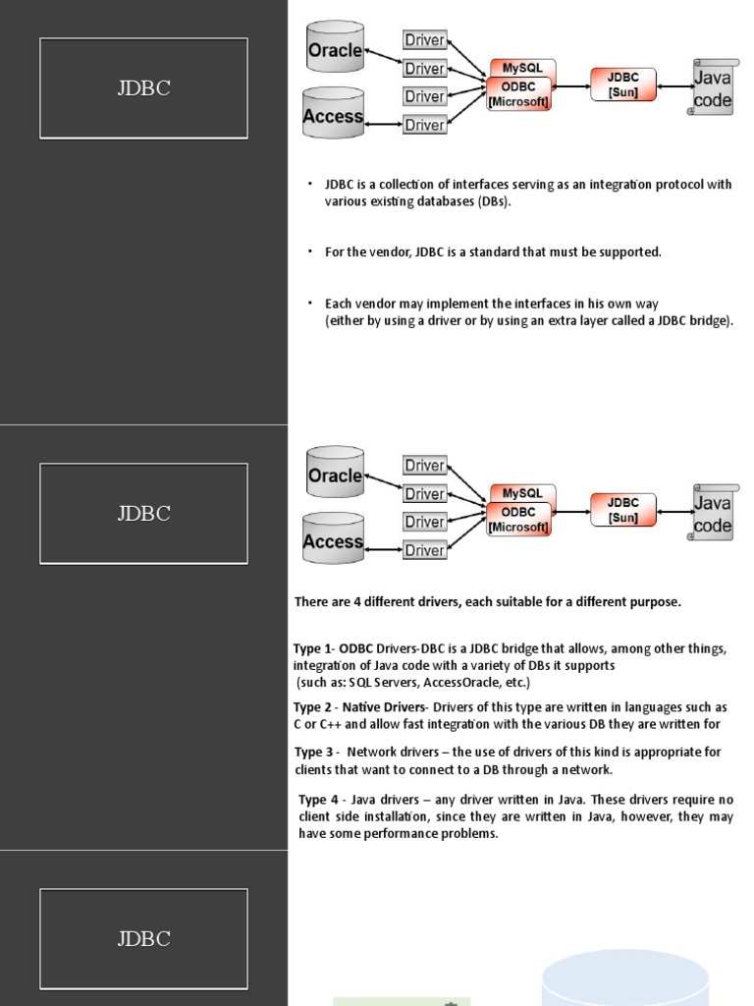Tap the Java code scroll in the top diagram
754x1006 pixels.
point(712,86)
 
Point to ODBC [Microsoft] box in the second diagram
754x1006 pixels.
point(518,520)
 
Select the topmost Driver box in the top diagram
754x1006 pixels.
point(424,40)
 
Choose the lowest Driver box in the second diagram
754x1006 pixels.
point(424,550)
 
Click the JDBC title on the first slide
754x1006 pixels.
point(143,88)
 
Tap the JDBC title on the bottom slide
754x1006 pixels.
point(143,938)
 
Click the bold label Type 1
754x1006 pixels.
point(313,648)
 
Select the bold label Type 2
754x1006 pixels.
point(313,707)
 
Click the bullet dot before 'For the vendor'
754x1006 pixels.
point(309,251)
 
